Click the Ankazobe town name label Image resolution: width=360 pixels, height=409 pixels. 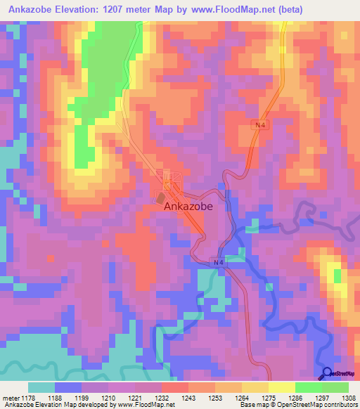(187, 208)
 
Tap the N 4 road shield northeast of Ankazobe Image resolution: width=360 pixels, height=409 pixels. (261, 124)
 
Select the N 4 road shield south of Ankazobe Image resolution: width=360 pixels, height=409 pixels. (219, 263)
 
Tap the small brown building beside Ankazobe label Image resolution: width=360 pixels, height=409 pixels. (161, 197)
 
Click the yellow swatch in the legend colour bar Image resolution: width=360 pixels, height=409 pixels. (282, 387)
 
